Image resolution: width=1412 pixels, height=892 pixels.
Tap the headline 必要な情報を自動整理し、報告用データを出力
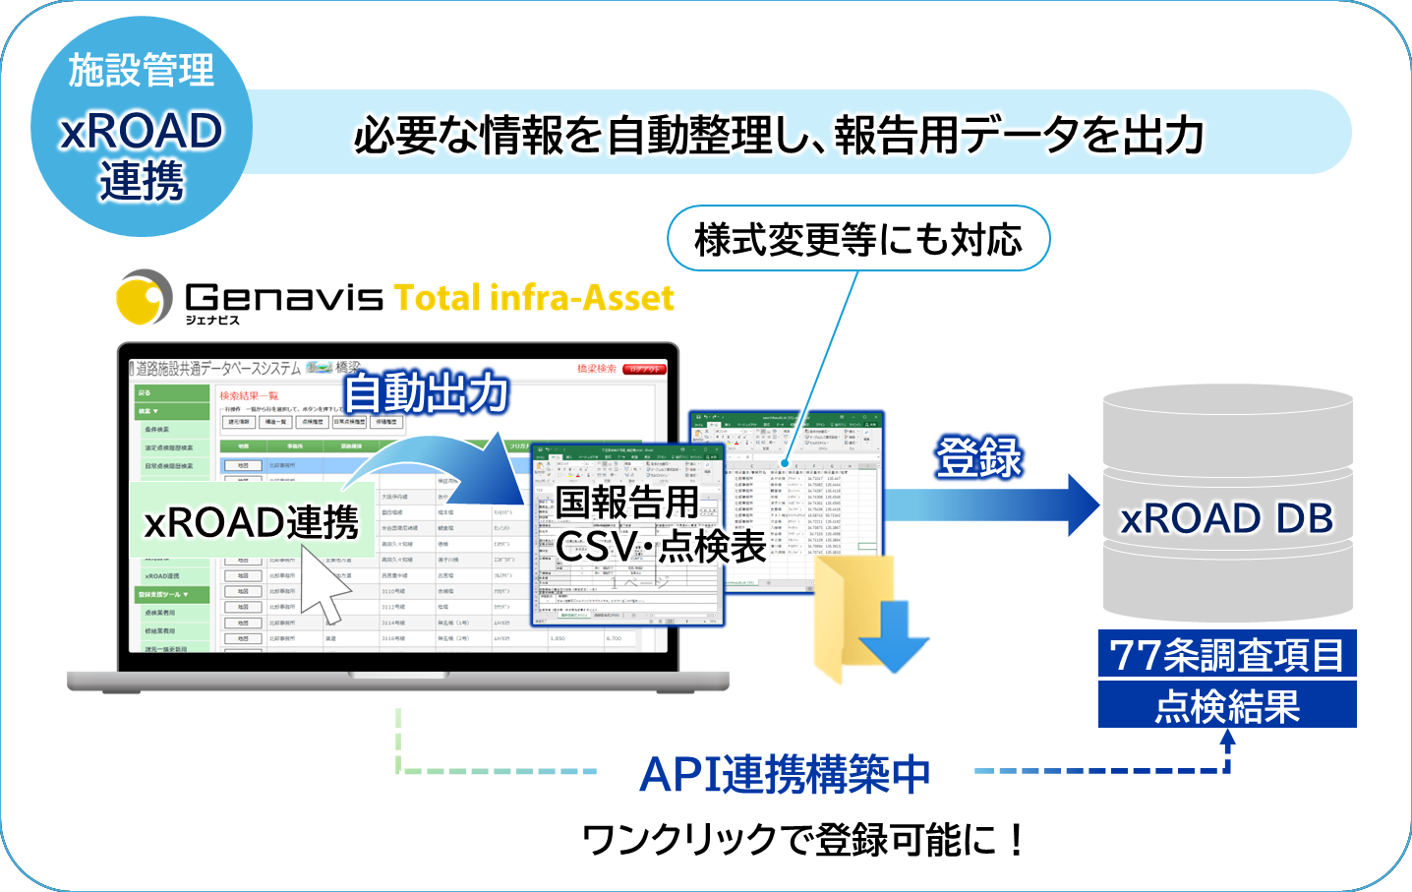[x=779, y=135]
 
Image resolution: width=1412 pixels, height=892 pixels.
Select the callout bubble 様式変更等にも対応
[x=858, y=239]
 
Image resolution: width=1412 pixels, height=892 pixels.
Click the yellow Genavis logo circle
[x=144, y=297]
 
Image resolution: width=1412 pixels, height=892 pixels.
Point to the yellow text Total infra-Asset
[x=534, y=297]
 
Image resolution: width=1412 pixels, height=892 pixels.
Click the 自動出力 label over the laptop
[x=427, y=393]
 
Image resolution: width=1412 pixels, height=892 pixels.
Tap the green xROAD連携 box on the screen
[x=252, y=521]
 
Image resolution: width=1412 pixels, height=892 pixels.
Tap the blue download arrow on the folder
[x=894, y=637]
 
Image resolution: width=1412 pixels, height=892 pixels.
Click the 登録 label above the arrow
[x=978, y=457]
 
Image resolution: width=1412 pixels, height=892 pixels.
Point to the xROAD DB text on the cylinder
[x=1227, y=518]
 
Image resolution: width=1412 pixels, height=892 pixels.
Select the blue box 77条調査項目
[x=1227, y=654]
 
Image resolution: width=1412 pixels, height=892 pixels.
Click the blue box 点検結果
[x=1227, y=705]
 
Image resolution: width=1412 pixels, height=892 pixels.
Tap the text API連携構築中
[x=785, y=774]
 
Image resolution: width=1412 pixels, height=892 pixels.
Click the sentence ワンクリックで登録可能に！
[x=804, y=839]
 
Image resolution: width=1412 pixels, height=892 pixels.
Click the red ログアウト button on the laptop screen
[x=645, y=369]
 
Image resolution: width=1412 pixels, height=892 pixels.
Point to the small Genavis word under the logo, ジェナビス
[x=212, y=320]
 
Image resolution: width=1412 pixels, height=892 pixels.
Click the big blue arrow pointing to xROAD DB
[x=993, y=505]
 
